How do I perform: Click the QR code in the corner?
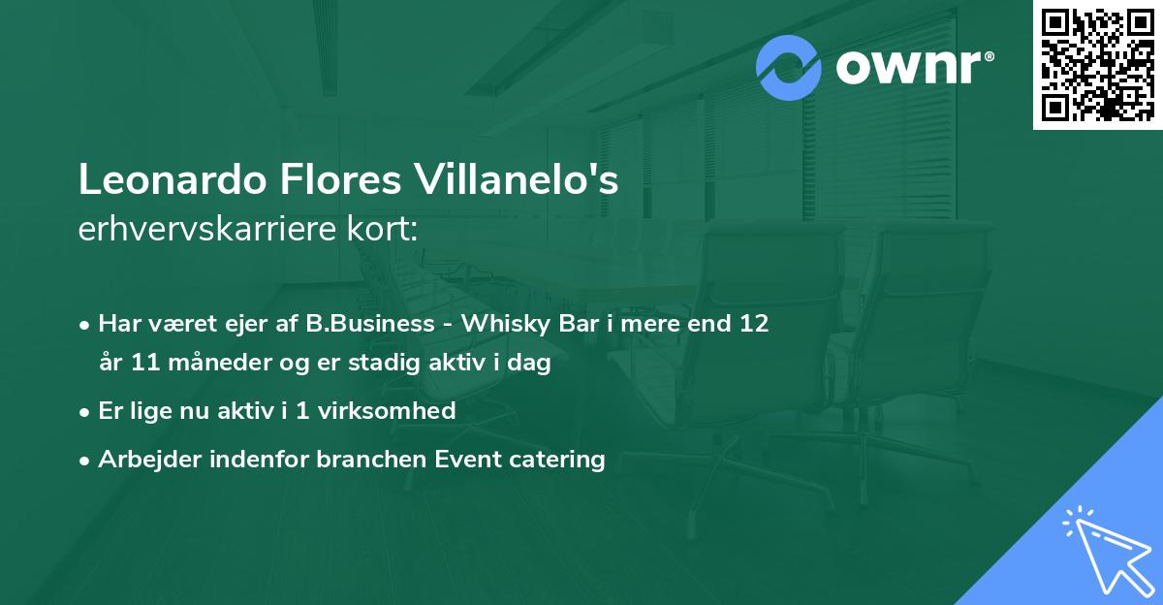(1097, 65)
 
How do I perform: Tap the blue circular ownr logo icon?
(789, 67)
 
